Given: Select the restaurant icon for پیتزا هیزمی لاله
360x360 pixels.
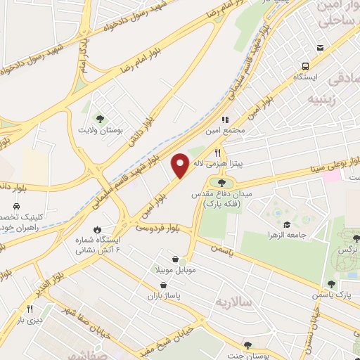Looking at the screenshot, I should (x=218, y=153).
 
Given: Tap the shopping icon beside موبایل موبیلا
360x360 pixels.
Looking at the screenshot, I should (x=184, y=259).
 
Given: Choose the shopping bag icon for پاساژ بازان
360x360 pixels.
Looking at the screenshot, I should (x=164, y=285).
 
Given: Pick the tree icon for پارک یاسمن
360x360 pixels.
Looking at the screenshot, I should (x=331, y=284).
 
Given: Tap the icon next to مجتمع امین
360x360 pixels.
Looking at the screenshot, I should (x=226, y=120).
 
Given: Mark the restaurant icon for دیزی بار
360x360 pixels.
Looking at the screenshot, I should (x=30, y=309).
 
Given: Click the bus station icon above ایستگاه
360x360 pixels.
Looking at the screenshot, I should (x=320, y=49).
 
